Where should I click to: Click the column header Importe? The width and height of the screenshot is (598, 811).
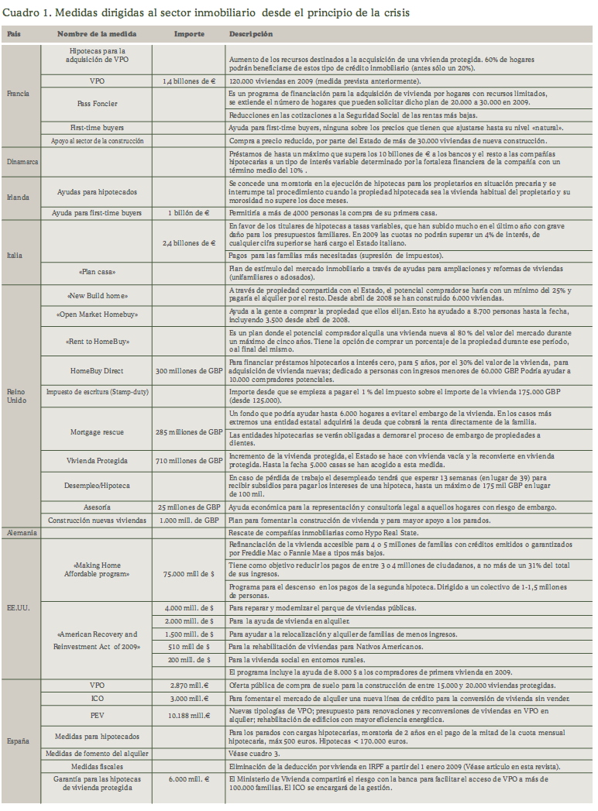pyautogui.click(x=189, y=35)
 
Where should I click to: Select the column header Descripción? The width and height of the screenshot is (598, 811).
pyautogui.click(x=251, y=35)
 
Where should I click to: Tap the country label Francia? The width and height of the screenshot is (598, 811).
pyautogui.click(x=18, y=93)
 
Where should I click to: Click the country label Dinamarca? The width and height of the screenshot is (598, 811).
pyautogui.click(x=23, y=163)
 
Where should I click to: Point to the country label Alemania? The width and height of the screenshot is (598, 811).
pyautogui.click(x=22, y=533)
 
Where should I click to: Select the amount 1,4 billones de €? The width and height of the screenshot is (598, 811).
pyautogui.click(x=189, y=80)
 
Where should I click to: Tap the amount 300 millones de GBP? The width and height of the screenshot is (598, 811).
pyautogui.click(x=189, y=370)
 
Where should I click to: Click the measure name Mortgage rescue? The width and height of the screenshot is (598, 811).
pyautogui.click(x=98, y=431)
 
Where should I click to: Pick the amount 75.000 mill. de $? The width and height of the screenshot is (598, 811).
pyautogui.click(x=189, y=574)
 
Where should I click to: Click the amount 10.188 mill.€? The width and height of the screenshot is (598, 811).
pyautogui.click(x=189, y=715)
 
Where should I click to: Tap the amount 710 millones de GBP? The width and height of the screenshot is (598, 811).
pyautogui.click(x=189, y=461)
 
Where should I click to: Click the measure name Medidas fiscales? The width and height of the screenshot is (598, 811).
pyautogui.click(x=98, y=766)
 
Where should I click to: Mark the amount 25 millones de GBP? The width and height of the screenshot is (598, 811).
pyautogui.click(x=189, y=506)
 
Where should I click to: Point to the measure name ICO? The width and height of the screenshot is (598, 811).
pyautogui.click(x=98, y=700)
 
